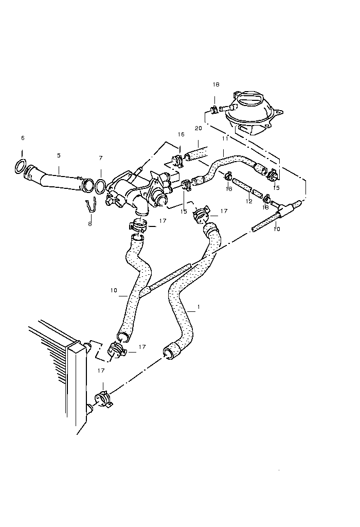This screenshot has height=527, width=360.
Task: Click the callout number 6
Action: [x=22, y=138]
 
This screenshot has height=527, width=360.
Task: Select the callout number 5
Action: [x=59, y=155]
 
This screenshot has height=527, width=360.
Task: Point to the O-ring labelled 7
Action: [x=101, y=184]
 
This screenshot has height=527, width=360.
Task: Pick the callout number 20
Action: [x=198, y=128]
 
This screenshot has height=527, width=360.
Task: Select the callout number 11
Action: [x=224, y=139]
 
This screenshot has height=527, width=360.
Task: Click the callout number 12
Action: [x=249, y=201]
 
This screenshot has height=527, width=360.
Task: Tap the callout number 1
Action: [x=199, y=307]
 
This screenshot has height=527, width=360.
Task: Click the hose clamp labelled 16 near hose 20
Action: [x=177, y=160]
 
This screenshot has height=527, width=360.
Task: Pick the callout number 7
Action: [x=101, y=158]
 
